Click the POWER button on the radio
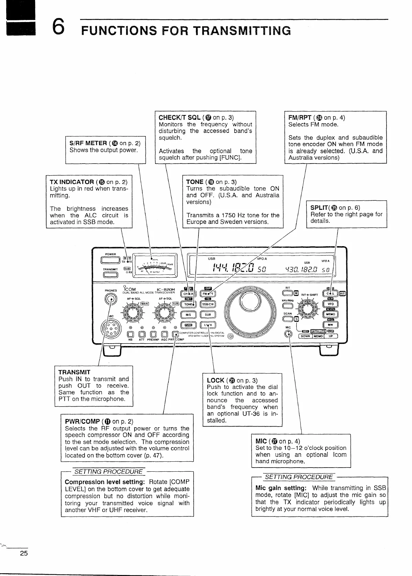pyautogui.click(x=110, y=260)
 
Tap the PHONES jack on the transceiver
pyautogui.click(x=111, y=300)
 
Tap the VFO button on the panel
pyautogui.click(x=330, y=304)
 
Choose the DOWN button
pyautogui.click(x=306, y=336)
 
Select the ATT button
pyautogui.click(x=142, y=334)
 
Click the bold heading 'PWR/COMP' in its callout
pyautogui.click(x=83, y=421)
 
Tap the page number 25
pyautogui.click(x=23, y=554)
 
